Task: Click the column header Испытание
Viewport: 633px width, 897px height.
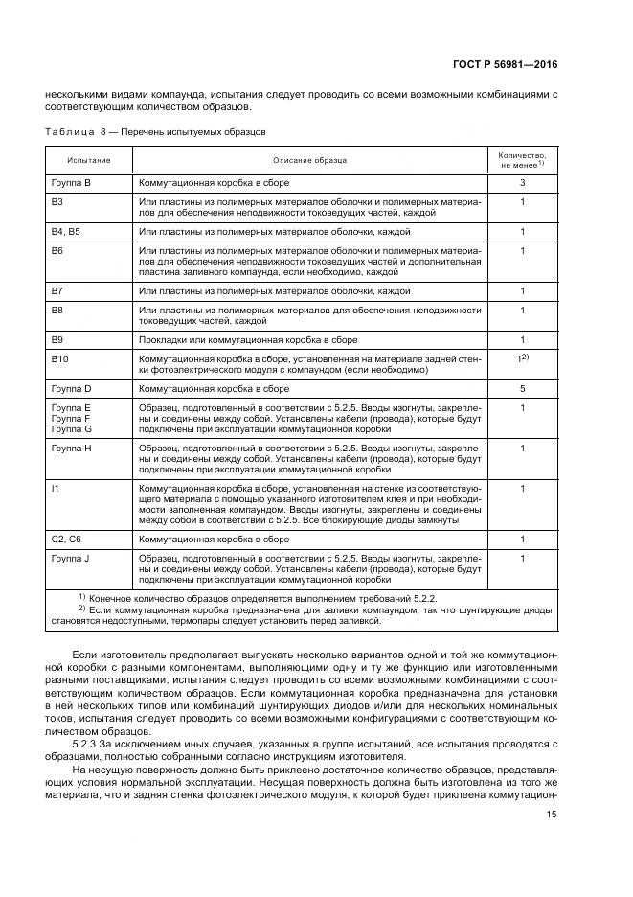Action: pyautogui.click(x=88, y=160)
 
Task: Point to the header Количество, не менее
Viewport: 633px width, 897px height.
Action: pyautogui.click(x=522, y=159)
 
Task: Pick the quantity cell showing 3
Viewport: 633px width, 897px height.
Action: pyautogui.click(x=523, y=182)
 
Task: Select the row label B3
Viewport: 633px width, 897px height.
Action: pyautogui.click(x=57, y=202)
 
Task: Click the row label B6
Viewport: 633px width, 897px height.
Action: pyautogui.click(x=57, y=250)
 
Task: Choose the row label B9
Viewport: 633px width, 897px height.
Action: pyautogui.click(x=57, y=339)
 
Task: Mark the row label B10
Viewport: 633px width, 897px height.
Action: pyautogui.click(x=59, y=358)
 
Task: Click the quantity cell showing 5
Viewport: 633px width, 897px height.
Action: pyautogui.click(x=523, y=388)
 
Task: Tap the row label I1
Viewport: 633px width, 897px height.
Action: pyautogui.click(x=55, y=488)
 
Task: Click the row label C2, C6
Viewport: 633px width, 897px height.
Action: pyautogui.click(x=65, y=540)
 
